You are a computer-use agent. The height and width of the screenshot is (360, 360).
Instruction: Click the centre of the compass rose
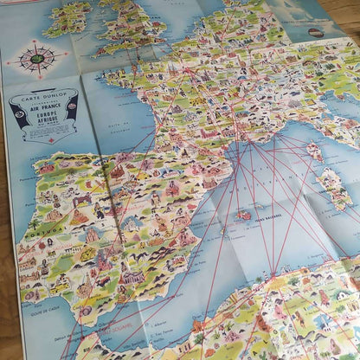coord(36,61)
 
